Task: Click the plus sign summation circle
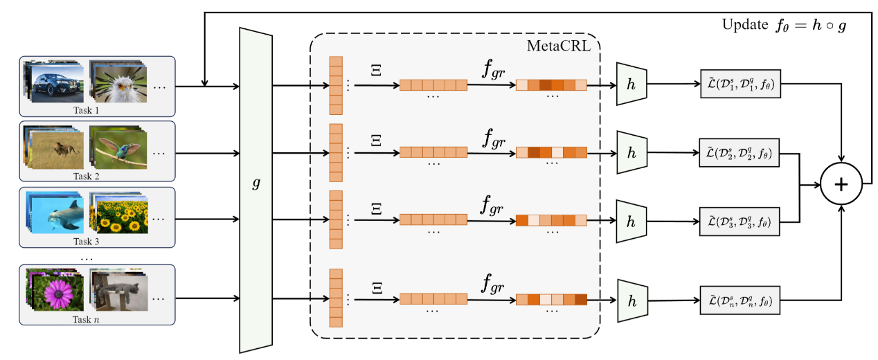click(x=841, y=185)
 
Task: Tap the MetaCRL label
click(x=560, y=46)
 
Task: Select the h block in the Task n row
click(x=631, y=300)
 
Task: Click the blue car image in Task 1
click(x=56, y=84)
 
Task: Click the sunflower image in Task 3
click(x=120, y=215)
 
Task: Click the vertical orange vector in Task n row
click(x=336, y=300)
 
